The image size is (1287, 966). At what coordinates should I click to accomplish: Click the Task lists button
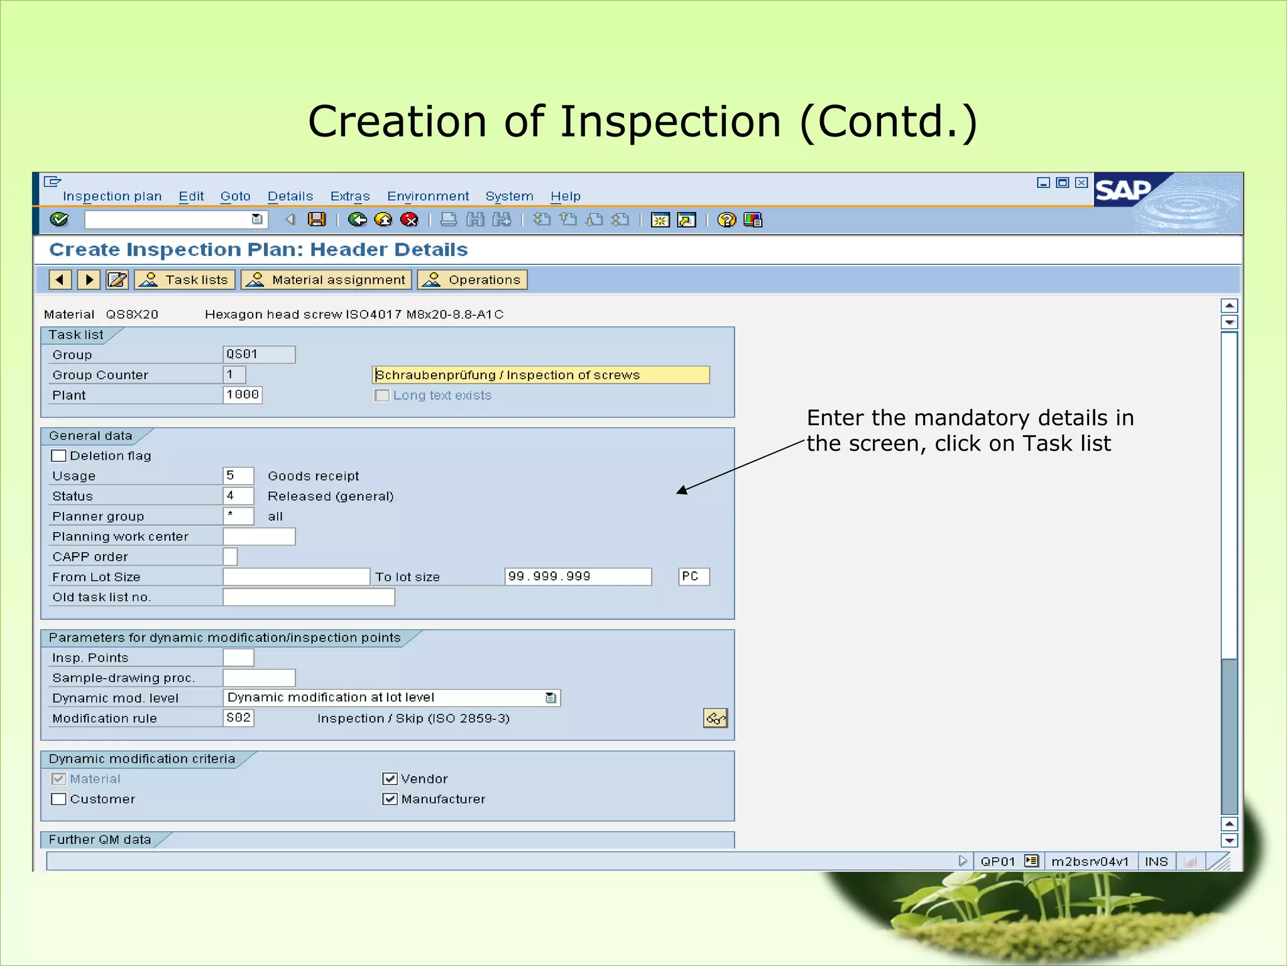point(185,280)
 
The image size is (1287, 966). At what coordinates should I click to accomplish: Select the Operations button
point(473,280)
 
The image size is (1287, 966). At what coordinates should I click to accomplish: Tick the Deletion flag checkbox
point(59,456)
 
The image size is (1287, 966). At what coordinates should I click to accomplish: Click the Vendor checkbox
point(390,779)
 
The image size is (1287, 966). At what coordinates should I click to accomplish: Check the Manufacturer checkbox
point(390,799)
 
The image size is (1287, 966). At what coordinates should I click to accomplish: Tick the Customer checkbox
point(59,799)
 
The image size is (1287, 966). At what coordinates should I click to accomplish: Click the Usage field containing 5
point(238,476)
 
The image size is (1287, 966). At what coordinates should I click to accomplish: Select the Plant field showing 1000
point(243,395)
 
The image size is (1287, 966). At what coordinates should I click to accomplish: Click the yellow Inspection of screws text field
point(540,375)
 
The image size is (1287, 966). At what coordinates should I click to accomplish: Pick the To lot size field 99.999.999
point(578,577)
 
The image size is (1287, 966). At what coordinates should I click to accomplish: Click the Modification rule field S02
point(238,718)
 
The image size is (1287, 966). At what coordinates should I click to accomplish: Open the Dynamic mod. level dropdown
point(550,698)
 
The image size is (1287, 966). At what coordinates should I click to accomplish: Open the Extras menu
point(350,196)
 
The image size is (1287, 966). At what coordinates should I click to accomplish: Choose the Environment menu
point(428,196)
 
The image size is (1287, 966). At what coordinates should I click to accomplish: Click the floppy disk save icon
point(317,219)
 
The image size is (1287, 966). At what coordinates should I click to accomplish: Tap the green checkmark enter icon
point(59,219)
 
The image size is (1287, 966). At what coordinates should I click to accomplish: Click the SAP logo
point(1124,190)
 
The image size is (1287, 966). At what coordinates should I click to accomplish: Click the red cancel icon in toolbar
point(410,219)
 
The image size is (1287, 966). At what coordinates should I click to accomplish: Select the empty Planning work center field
point(259,536)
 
